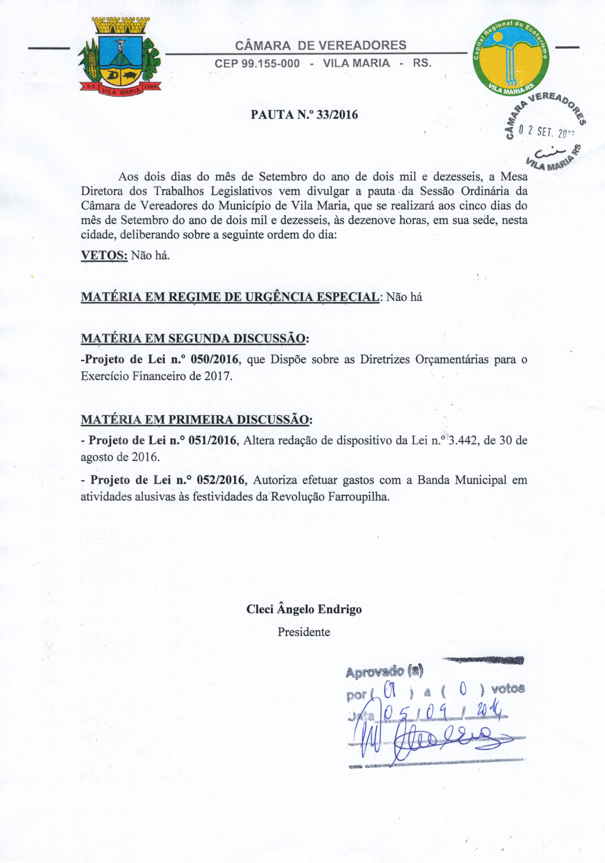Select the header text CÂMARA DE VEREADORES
point(320,45)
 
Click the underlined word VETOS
point(104,256)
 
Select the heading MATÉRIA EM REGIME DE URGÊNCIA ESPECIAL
point(230,297)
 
